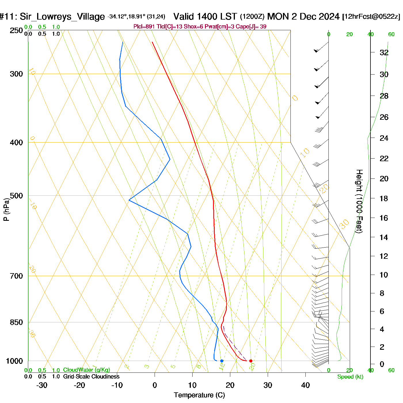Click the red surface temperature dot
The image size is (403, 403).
251,361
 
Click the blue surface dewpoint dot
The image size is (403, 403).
222,361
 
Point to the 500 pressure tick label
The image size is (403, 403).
16,196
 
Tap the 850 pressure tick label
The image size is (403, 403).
16,322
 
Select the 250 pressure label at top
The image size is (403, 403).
16,31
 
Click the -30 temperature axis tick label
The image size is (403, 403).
42,385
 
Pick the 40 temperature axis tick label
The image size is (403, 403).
305,385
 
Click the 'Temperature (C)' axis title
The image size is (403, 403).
199,395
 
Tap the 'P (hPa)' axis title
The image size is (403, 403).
6,209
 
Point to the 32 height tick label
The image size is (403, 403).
384,52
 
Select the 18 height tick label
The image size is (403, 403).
384,198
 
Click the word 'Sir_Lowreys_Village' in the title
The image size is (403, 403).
62,17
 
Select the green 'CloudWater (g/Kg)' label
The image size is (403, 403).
86,370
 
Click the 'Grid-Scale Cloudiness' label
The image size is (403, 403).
91,377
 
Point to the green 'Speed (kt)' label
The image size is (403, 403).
350,377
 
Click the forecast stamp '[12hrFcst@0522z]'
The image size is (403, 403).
371,16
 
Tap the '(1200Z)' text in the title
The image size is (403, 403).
252,16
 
